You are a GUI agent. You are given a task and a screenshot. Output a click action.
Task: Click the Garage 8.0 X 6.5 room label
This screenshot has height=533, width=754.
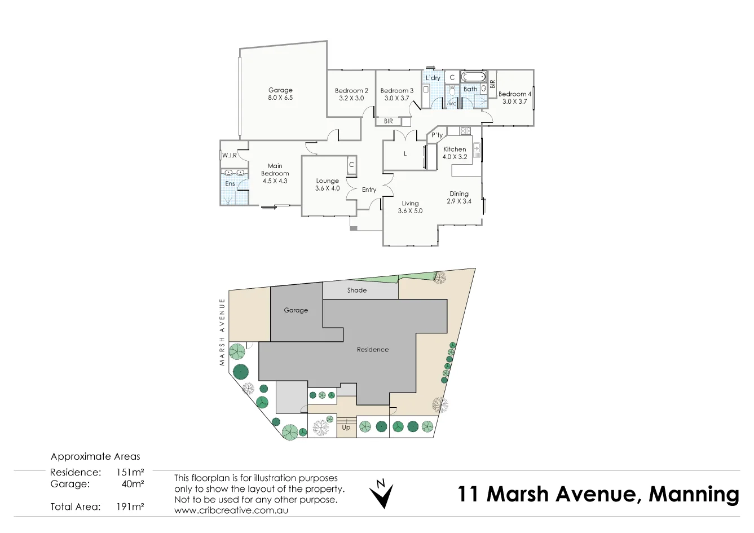click(280, 94)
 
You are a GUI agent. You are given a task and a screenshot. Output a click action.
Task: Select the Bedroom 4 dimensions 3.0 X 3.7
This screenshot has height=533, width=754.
click(514, 102)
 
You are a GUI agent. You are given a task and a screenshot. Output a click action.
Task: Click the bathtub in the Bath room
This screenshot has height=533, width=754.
click(473, 77)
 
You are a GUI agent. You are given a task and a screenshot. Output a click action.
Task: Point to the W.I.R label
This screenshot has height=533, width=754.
click(229, 155)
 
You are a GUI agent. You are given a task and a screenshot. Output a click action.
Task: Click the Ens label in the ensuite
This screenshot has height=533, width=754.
click(230, 184)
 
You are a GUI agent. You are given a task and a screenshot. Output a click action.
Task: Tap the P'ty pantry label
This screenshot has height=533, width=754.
click(437, 135)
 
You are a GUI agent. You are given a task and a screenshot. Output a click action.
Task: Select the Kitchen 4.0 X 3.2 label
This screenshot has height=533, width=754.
click(455, 153)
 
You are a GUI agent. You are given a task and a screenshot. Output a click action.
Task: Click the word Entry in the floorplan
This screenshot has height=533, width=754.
click(369, 190)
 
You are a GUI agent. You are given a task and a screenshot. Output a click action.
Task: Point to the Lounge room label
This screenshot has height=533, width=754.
click(327, 181)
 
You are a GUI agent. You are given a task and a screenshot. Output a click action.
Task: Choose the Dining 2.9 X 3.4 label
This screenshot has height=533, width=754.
click(459, 197)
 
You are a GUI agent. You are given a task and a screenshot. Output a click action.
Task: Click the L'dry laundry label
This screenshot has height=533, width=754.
click(433, 78)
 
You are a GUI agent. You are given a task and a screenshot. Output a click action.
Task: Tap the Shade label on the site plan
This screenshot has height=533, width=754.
click(357, 290)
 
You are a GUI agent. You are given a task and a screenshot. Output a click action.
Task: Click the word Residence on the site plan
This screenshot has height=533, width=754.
click(373, 350)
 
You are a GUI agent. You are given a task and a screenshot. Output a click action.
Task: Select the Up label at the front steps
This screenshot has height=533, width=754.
click(346, 428)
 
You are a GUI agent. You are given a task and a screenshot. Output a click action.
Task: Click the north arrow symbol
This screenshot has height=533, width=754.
click(381, 494)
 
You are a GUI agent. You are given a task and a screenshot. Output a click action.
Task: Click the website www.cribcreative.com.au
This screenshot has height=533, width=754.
click(232, 510)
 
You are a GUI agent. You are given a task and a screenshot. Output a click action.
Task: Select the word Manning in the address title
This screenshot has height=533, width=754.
click(694, 494)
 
